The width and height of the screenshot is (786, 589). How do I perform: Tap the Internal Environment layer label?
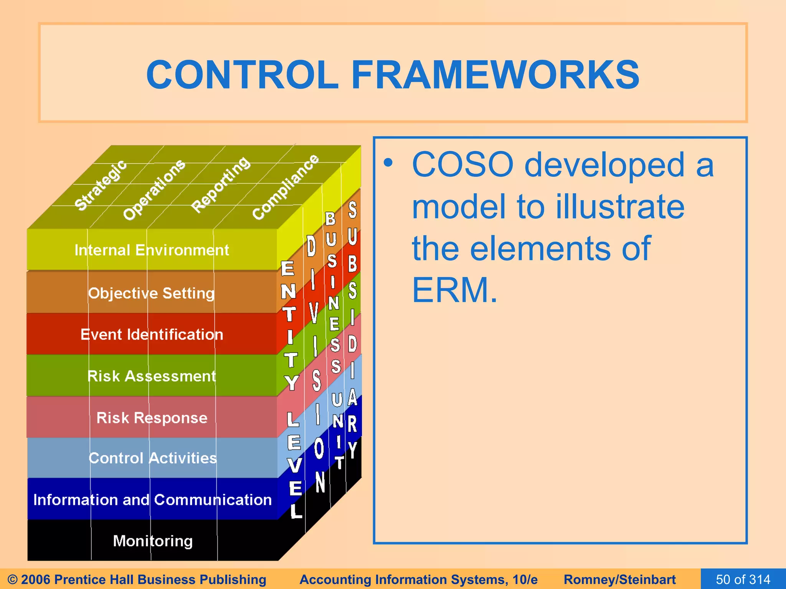pyautogui.click(x=152, y=250)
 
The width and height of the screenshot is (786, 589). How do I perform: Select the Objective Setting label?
pyautogui.click(x=152, y=293)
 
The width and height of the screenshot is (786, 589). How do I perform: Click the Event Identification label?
pyautogui.click(x=152, y=334)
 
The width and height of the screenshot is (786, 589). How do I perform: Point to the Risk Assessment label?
pyautogui.click(x=152, y=376)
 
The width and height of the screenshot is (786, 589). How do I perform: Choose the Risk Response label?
pyautogui.click(x=152, y=418)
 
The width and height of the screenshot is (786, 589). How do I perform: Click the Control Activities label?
pyautogui.click(x=152, y=458)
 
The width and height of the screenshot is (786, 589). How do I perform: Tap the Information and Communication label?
pyautogui.click(x=152, y=500)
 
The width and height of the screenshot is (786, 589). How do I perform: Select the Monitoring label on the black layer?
pyautogui.click(x=152, y=541)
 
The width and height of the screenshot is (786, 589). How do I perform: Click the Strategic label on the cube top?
pyautogui.click(x=101, y=185)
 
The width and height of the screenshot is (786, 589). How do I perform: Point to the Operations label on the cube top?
pyautogui.click(x=154, y=189)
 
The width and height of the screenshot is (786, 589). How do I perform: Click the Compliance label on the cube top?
pyautogui.click(x=286, y=187)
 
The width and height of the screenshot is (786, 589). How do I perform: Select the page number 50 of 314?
pyautogui.click(x=743, y=579)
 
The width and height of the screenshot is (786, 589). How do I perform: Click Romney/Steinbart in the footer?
pyautogui.click(x=619, y=579)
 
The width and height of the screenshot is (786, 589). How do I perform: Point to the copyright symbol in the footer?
pyautogui.click(x=12, y=579)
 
